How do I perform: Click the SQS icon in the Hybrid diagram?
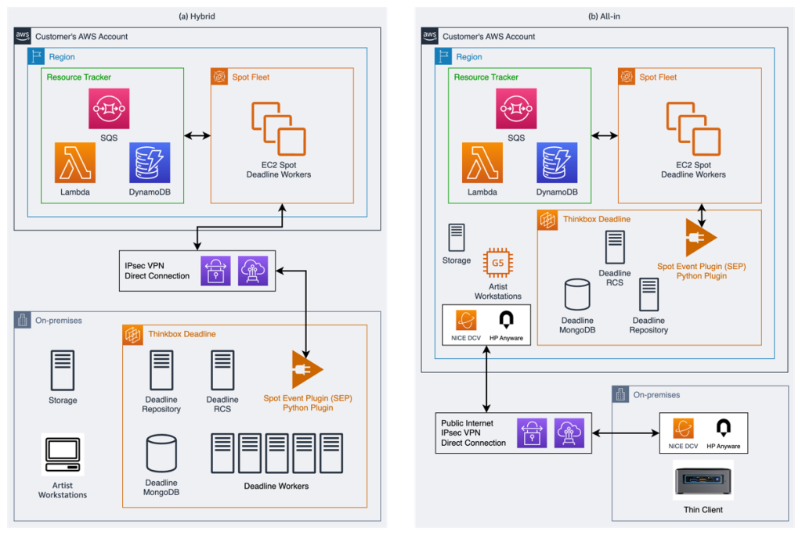[109, 109]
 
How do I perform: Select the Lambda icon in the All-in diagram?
[482, 163]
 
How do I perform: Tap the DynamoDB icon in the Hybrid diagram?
[150, 163]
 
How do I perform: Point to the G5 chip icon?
[497, 263]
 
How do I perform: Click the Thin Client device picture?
[703, 482]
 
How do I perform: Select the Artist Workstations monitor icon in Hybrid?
[63, 454]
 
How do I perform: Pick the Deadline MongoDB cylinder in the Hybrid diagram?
[161, 454]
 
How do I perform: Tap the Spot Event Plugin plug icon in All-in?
[700, 237]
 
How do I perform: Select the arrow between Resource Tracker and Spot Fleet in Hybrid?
[197, 135]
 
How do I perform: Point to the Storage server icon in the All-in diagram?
[457, 238]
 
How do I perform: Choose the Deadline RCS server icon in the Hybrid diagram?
[222, 371]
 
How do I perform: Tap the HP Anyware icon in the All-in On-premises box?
[724, 428]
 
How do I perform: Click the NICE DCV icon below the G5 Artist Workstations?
[467, 320]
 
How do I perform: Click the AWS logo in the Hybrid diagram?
[23, 36]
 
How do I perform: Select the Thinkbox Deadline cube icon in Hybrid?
[133, 335]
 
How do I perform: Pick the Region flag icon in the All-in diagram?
[444, 56]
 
